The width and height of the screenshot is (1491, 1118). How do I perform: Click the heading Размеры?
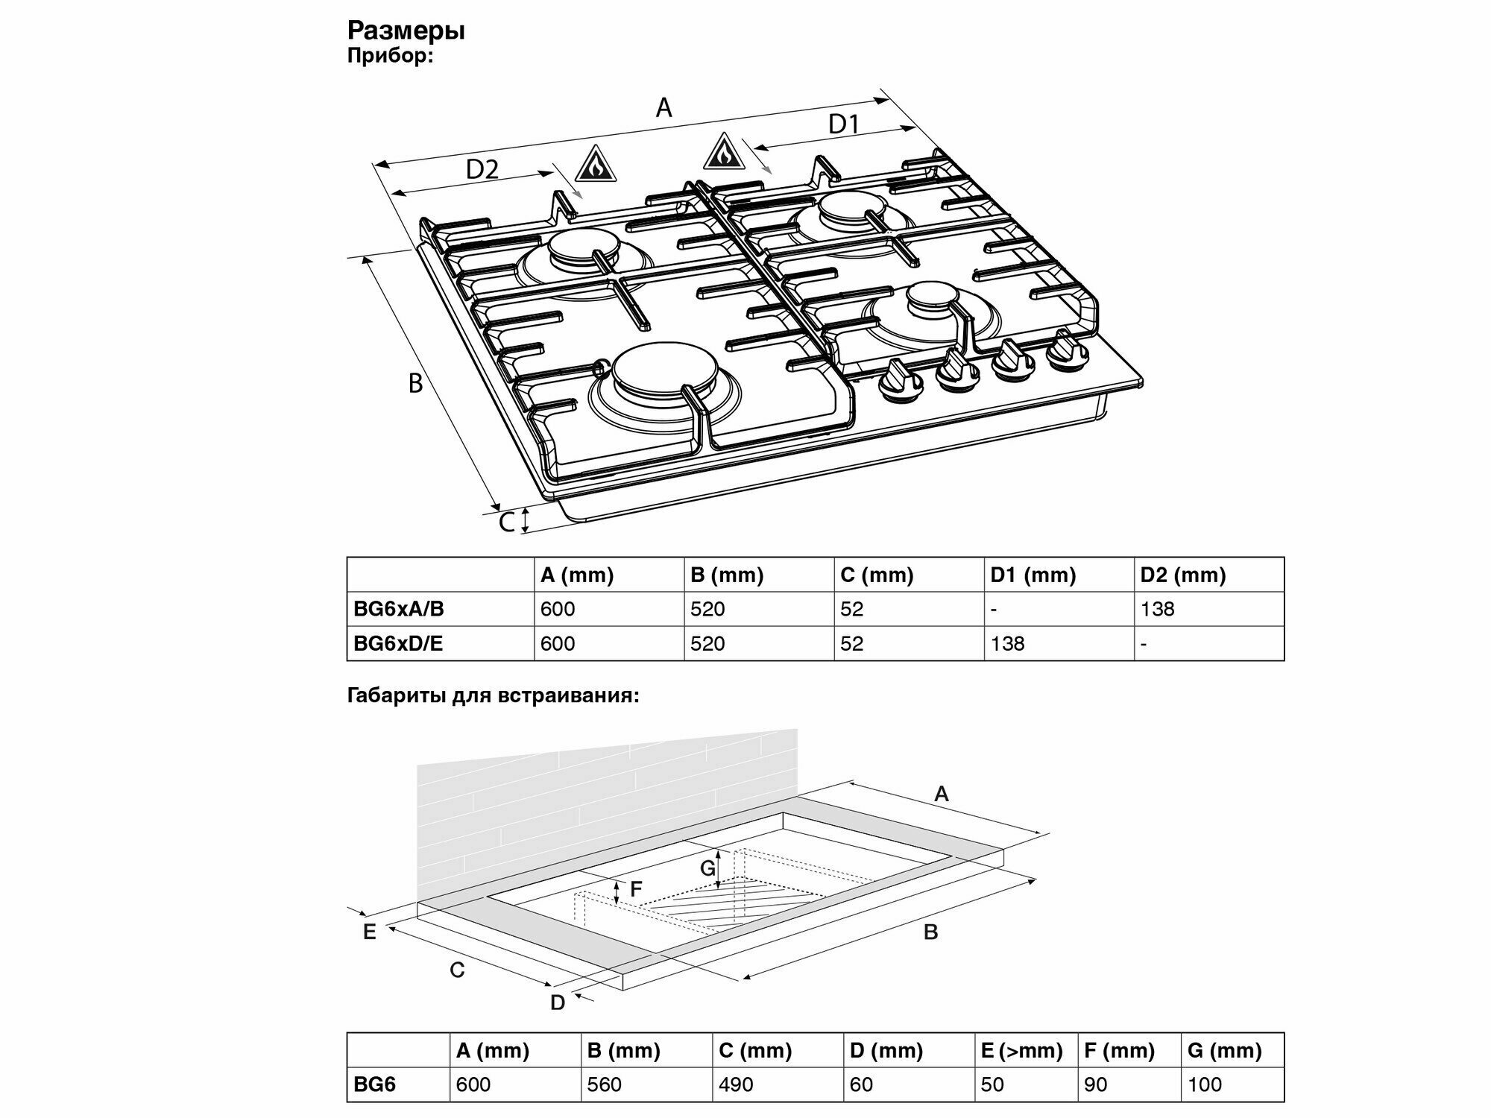pyautogui.click(x=406, y=31)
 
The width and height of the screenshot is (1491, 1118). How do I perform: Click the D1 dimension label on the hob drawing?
pyautogui.click(x=844, y=124)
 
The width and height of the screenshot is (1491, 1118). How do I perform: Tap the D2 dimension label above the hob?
pyautogui.click(x=482, y=170)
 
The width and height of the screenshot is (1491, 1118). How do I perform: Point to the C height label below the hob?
pyautogui.click(x=507, y=522)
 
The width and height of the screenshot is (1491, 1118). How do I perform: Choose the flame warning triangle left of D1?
pyautogui.click(x=722, y=152)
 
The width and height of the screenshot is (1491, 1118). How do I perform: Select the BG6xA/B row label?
pyautogui.click(x=399, y=609)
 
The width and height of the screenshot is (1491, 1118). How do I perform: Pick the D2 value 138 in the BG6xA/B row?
pyautogui.click(x=1157, y=609)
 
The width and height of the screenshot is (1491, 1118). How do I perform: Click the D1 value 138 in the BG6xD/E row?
pyautogui.click(x=1007, y=643)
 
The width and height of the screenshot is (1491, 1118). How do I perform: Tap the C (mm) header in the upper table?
pyautogui.click(x=877, y=575)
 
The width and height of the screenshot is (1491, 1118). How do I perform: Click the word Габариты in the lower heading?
pyautogui.click(x=397, y=696)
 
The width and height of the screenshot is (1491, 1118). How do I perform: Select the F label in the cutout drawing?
pyautogui.click(x=636, y=889)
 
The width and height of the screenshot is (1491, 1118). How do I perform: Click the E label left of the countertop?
pyautogui.click(x=369, y=932)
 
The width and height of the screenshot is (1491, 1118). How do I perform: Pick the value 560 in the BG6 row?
pyautogui.click(x=604, y=1084)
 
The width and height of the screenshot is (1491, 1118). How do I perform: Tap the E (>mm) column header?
pyautogui.click(x=1021, y=1051)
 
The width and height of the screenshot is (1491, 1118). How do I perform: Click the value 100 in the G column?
pyautogui.click(x=1205, y=1084)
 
